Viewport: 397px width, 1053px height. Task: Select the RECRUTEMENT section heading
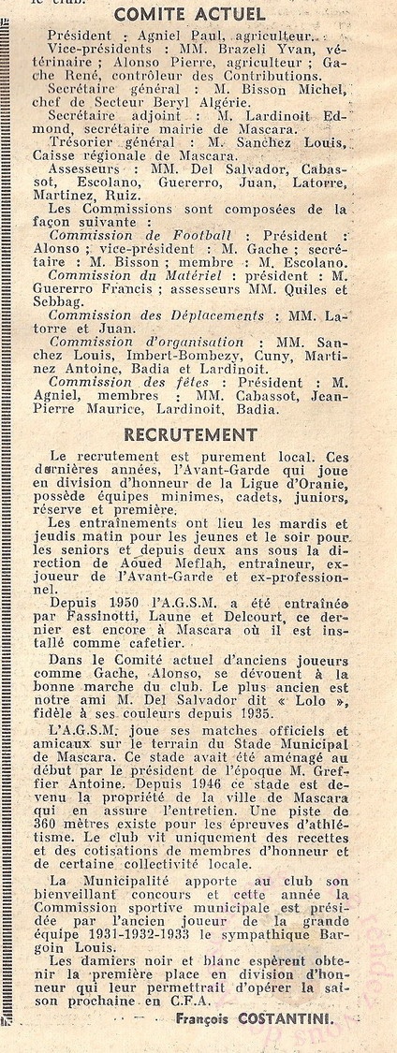(191, 434)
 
